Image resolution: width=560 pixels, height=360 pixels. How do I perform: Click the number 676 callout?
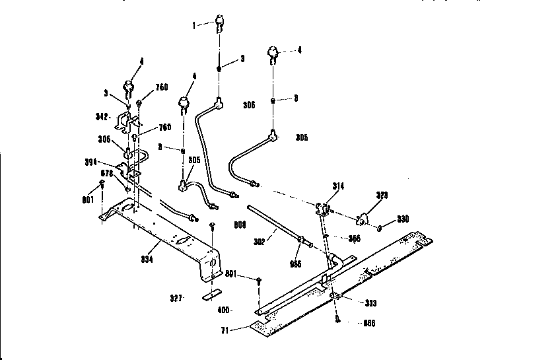tap(110, 172)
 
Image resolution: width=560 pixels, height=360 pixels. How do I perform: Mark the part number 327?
tap(175, 297)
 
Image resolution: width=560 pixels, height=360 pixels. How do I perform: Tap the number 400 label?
tap(224, 310)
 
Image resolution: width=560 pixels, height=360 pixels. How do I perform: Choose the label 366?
tap(354, 238)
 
